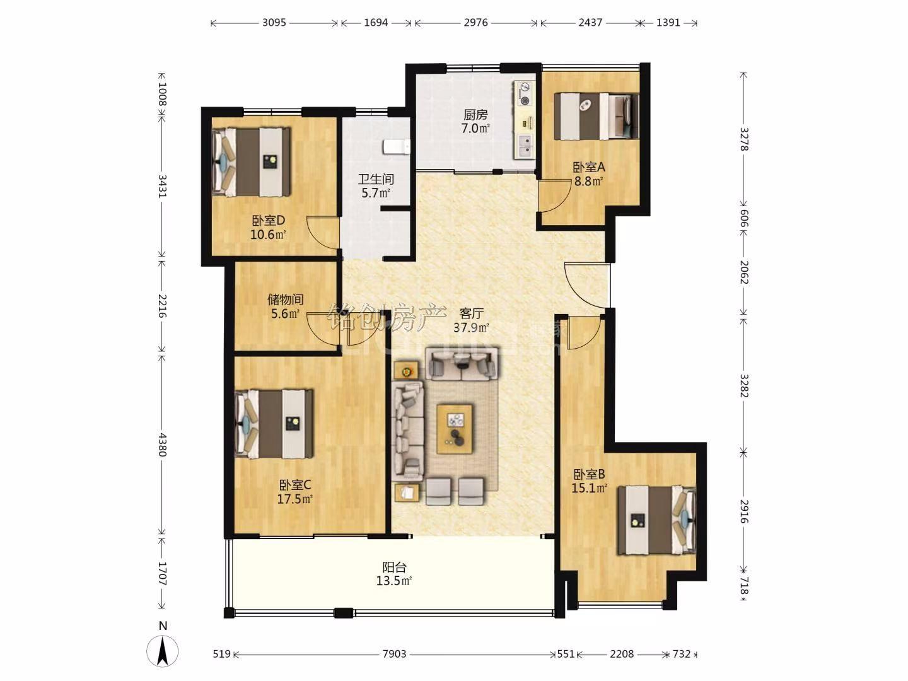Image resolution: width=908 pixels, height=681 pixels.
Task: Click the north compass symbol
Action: coord(163,651)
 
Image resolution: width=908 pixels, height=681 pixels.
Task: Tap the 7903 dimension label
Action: coord(394,654)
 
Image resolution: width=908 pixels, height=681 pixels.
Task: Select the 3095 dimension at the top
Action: coord(274,22)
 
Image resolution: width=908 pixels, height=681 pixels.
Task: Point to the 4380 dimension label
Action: coord(162,445)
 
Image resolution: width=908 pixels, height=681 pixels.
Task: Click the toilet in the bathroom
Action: coord(396,147)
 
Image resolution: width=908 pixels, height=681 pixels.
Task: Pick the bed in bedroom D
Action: coord(251,161)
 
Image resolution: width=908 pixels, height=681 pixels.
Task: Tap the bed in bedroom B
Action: coord(657,520)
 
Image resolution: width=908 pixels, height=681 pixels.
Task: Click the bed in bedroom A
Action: coord(597,116)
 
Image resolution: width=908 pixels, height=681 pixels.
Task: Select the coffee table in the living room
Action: coord(455,429)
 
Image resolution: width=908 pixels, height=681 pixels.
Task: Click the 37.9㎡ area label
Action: coord(471,328)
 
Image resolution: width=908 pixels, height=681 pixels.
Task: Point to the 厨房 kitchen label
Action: coord(475,114)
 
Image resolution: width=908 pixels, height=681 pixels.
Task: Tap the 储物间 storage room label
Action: coord(286,299)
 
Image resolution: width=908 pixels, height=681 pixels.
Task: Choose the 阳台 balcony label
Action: coord(394,566)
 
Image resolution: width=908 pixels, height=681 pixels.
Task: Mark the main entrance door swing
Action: coord(586,285)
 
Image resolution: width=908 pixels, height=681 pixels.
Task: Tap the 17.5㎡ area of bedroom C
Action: coord(295,499)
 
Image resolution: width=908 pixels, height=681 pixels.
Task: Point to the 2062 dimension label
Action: coord(744,272)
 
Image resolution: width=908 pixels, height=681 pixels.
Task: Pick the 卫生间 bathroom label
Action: coord(376,178)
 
